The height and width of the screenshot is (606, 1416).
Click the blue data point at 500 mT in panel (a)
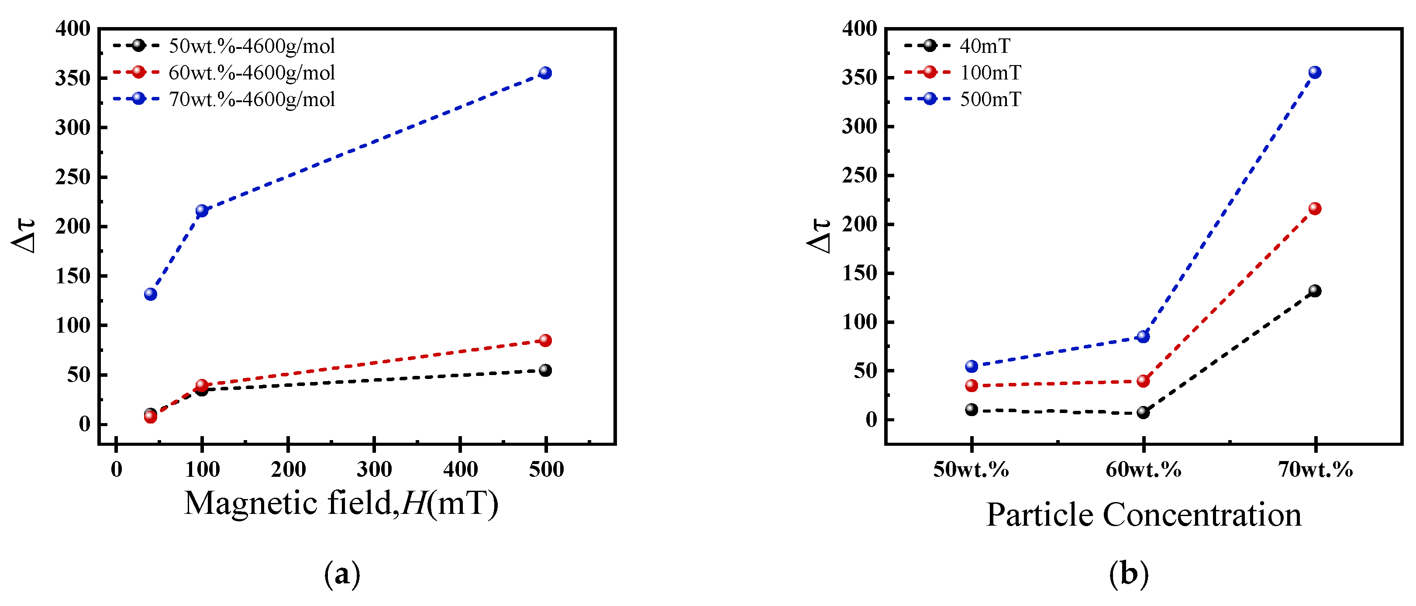(545, 73)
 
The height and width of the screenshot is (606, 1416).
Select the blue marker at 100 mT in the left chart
(202, 210)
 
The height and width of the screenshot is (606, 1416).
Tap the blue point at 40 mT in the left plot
(151, 294)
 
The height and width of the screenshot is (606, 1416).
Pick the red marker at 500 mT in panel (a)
(545, 340)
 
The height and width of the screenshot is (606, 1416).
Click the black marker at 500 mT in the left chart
(545, 370)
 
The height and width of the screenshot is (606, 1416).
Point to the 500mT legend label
(990, 100)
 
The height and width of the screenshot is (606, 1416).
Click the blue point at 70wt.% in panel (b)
(1314, 72)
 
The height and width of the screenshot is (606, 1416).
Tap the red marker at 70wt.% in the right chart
(1314, 208)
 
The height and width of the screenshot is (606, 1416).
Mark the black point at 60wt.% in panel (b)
(1143, 412)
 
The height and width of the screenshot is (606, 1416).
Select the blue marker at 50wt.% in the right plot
(972, 366)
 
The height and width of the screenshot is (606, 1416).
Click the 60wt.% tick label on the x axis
(1144, 470)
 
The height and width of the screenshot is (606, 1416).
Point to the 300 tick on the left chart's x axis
(374, 470)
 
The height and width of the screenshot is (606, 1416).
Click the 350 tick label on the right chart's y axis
(859, 77)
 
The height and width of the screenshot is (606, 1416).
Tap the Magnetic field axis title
(341, 503)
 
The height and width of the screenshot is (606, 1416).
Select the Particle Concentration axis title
(1144, 515)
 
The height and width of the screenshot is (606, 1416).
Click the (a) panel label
(342, 574)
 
